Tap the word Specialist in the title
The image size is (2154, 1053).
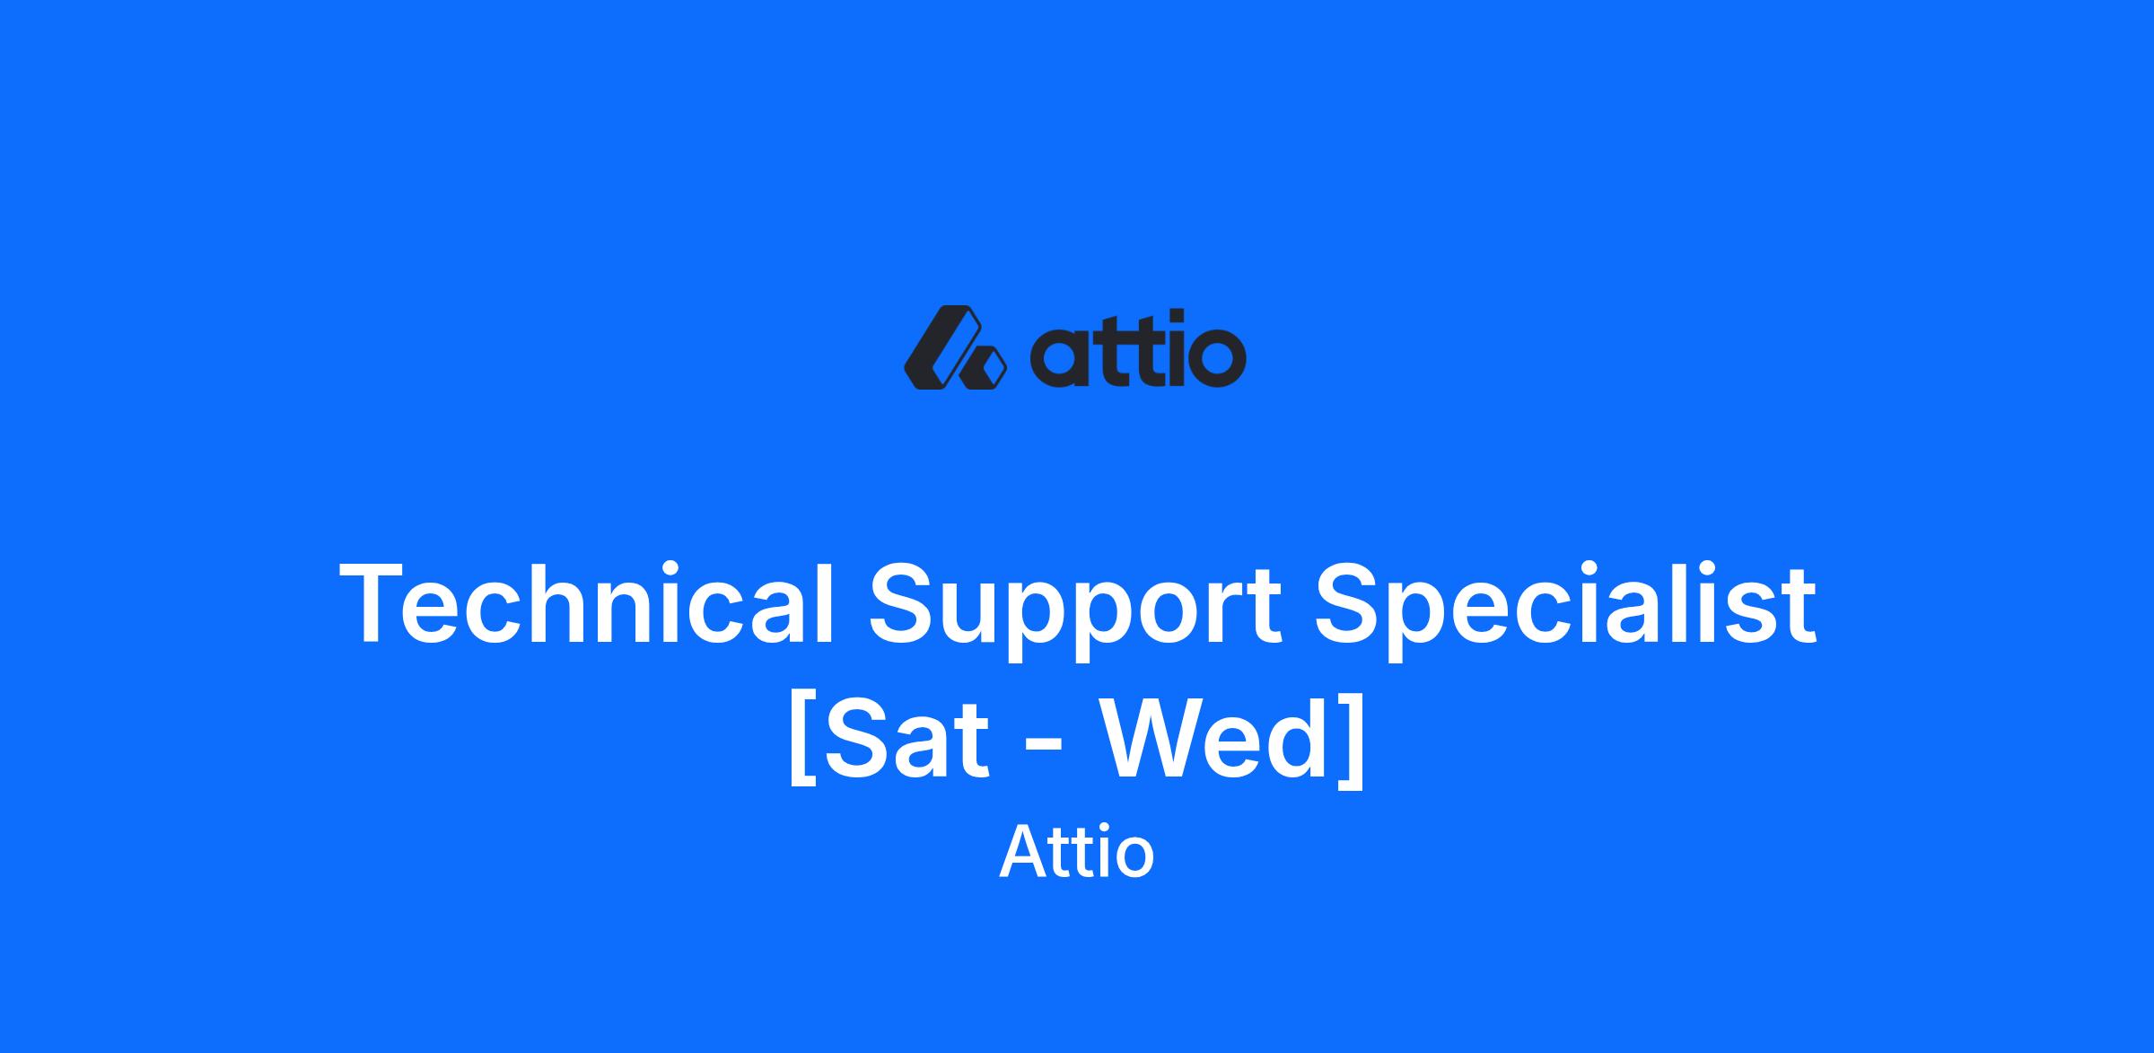1566,610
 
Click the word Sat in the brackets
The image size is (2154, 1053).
906,738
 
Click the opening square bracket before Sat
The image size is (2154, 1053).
802,740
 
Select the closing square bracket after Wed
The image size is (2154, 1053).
1352,740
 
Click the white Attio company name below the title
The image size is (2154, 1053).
1076,852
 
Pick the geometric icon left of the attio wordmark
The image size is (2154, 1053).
955,347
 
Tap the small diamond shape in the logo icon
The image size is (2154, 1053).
983,368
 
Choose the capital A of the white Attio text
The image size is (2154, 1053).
1027,852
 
